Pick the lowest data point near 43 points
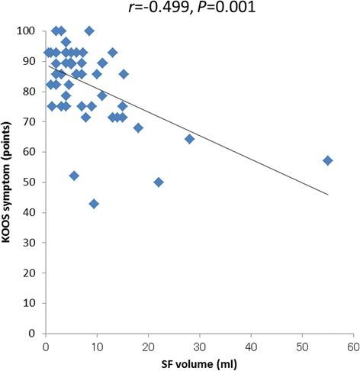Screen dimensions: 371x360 pos(94,204)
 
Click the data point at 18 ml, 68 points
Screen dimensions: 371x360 pos(138,127)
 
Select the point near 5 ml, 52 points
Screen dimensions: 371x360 pos(74,176)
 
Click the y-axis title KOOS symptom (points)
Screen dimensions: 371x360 pos(10,182)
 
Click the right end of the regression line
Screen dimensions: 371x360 pos(327,194)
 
